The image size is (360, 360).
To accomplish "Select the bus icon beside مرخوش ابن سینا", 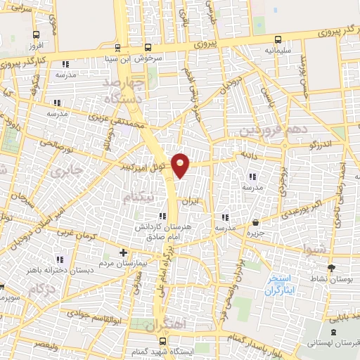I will pyautogui.click(x=117, y=49).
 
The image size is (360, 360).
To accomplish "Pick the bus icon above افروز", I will pyautogui.click(x=33, y=34).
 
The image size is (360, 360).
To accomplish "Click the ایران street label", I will pyautogui.click(x=191, y=201).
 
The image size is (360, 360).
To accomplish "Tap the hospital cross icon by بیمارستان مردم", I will pyautogui.click(x=124, y=252).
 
